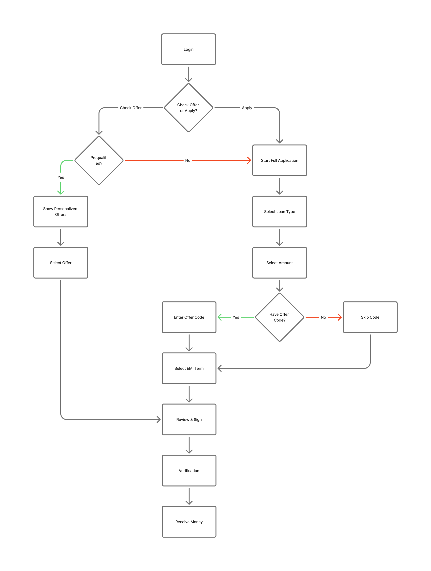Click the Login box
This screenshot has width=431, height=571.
point(188,49)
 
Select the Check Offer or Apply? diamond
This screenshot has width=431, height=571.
point(188,108)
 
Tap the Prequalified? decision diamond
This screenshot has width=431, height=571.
point(99,160)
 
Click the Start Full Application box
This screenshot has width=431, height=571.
point(279,160)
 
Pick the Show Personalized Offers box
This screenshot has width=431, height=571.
point(61,211)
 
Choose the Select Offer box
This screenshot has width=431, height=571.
point(61,263)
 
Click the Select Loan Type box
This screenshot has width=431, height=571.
point(279,211)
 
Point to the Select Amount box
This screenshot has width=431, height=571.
point(279,263)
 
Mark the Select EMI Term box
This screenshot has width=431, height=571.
point(189,368)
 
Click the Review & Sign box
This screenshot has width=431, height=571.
point(189,419)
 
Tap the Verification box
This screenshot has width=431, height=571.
point(189,470)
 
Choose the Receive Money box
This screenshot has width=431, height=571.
point(189,521)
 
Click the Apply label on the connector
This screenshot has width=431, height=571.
point(247,108)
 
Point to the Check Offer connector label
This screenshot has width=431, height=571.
point(130,108)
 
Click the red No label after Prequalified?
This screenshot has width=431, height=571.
point(188,160)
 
